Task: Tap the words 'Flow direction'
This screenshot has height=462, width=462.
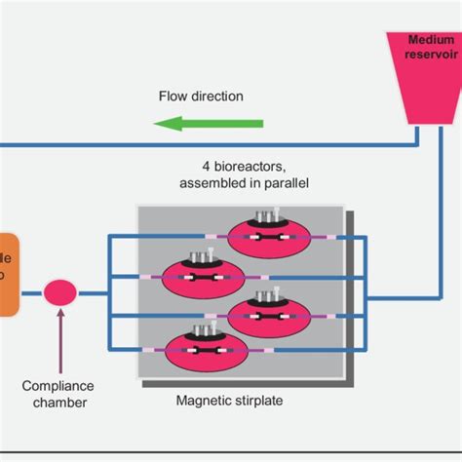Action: click(201, 96)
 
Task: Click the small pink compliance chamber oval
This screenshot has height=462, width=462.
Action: click(60, 291)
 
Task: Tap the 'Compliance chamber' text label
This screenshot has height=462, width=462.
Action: click(57, 393)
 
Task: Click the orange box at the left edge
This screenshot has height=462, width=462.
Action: click(9, 276)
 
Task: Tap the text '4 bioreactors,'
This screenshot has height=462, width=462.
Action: click(244, 167)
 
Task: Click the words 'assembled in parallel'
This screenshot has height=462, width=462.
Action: click(244, 182)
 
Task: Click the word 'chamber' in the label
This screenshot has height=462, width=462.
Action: click(57, 402)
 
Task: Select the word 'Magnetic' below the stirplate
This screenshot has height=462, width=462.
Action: click(206, 401)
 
